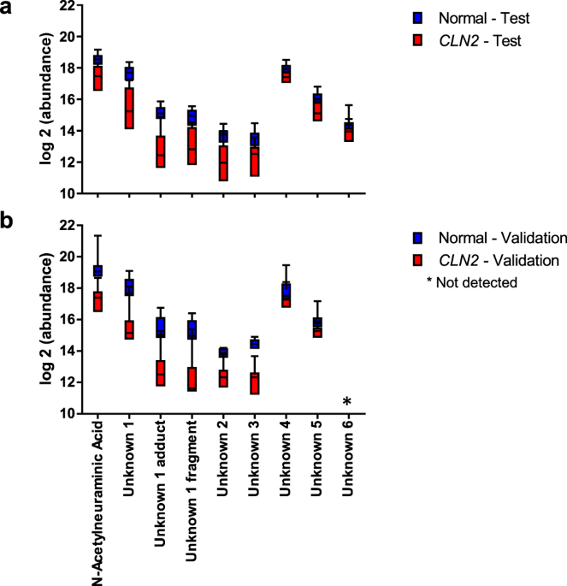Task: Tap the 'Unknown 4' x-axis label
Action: click(286, 454)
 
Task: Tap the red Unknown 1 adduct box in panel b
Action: click(160, 373)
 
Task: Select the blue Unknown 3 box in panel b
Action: click(255, 343)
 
